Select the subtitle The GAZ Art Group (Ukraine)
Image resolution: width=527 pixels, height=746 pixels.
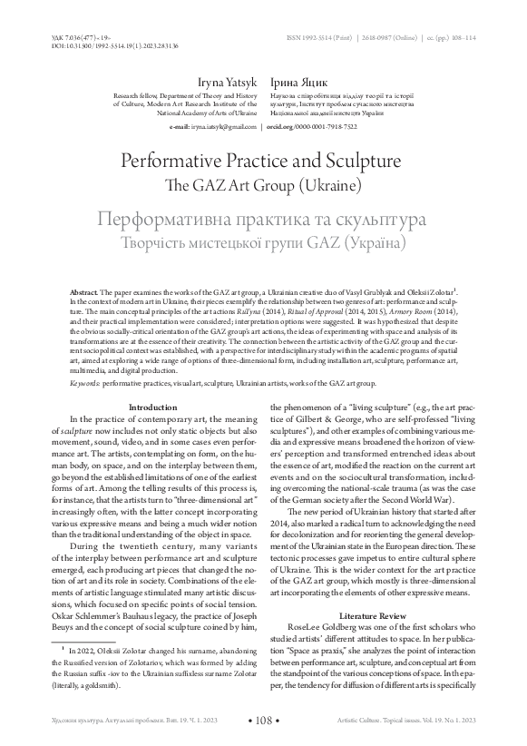click(263, 186)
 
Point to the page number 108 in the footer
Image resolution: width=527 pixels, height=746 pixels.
click(263, 720)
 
